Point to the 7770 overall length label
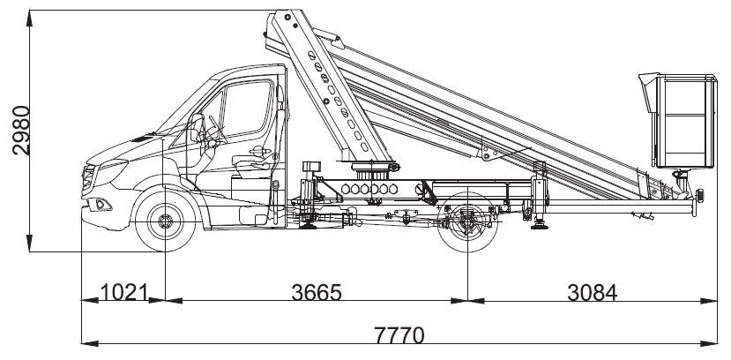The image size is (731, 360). [x=399, y=334]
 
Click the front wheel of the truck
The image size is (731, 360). [x=166, y=221]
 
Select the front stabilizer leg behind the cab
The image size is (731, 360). [x=306, y=199]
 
